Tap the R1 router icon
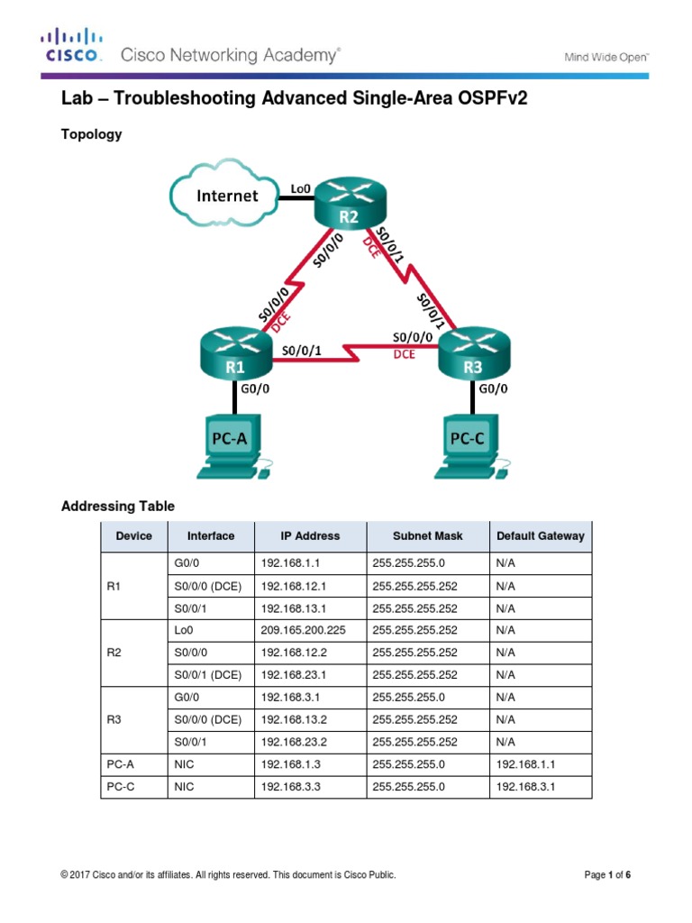click(235, 356)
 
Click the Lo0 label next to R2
click(300, 188)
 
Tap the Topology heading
click(91, 134)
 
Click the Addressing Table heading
click(118, 507)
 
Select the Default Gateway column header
click(540, 535)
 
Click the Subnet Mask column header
click(427, 535)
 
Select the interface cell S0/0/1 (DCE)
click(207, 674)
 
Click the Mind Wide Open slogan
click(606, 57)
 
